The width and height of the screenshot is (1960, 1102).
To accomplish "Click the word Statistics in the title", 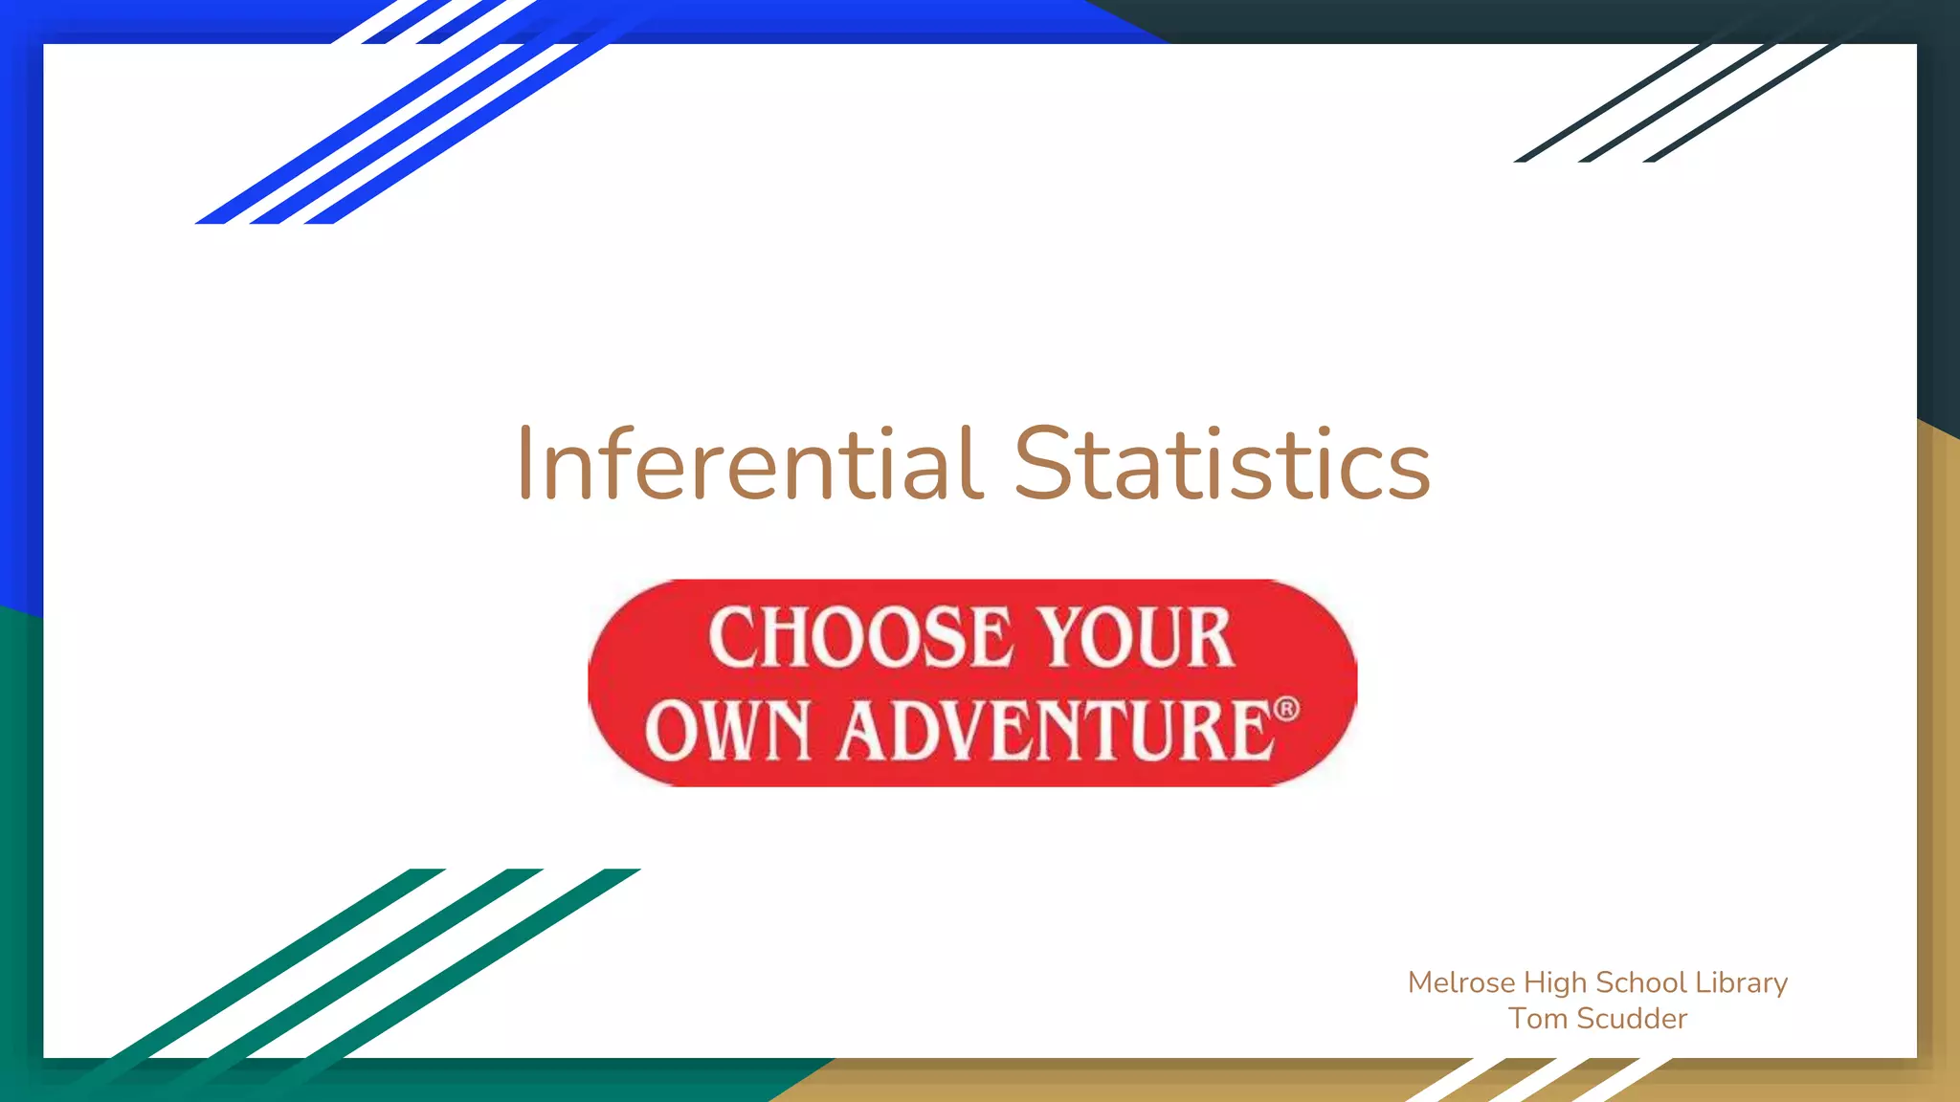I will [1221, 465].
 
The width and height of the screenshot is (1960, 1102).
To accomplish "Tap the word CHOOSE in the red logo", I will [859, 638].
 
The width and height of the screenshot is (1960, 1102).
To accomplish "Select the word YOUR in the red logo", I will [1136, 638].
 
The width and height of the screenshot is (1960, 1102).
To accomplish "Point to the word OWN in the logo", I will [728, 730].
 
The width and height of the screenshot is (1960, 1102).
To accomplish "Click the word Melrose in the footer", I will [1461, 982].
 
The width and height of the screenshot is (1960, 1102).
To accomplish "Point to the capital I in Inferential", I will [524, 465].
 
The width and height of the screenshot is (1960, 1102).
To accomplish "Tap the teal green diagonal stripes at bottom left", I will [364, 966].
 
